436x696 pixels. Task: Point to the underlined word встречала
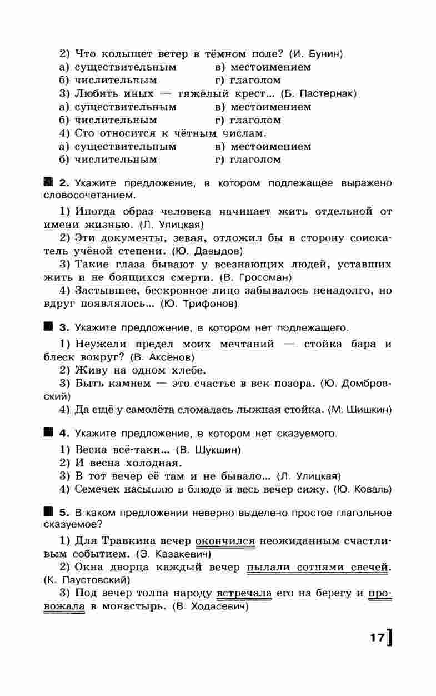[244, 594]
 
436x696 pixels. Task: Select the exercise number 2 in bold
[63, 183]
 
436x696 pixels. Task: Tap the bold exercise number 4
[63, 432]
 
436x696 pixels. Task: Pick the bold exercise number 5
[63, 513]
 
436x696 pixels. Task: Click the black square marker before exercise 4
[48, 432]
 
